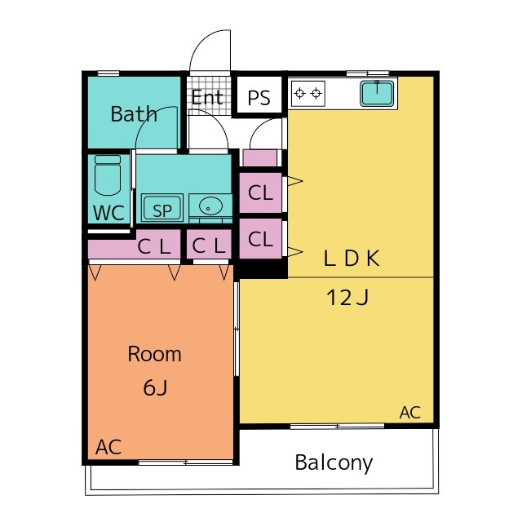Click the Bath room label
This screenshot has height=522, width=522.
[x=134, y=114]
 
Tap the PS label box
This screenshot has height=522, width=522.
[x=259, y=99]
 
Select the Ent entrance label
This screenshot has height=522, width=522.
[x=207, y=98]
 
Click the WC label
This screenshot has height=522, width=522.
[x=108, y=214]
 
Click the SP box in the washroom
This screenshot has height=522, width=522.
[x=162, y=210]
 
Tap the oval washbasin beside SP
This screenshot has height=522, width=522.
[x=211, y=207]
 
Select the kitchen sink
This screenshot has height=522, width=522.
[x=378, y=93]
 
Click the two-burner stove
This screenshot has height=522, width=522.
[x=307, y=93]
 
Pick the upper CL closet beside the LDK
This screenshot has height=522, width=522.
[x=260, y=193]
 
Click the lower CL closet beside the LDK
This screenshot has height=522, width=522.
[x=260, y=240]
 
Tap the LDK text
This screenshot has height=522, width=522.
[x=352, y=259]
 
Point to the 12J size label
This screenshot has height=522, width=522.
[x=348, y=298]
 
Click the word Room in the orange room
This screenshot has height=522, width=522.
[x=154, y=355]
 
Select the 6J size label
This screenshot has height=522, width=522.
[x=155, y=388]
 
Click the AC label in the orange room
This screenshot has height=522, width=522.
[x=108, y=447]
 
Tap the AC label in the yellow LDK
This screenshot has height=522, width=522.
[x=410, y=413]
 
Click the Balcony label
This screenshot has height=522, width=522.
[x=334, y=463]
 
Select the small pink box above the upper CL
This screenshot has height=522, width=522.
[x=261, y=158]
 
